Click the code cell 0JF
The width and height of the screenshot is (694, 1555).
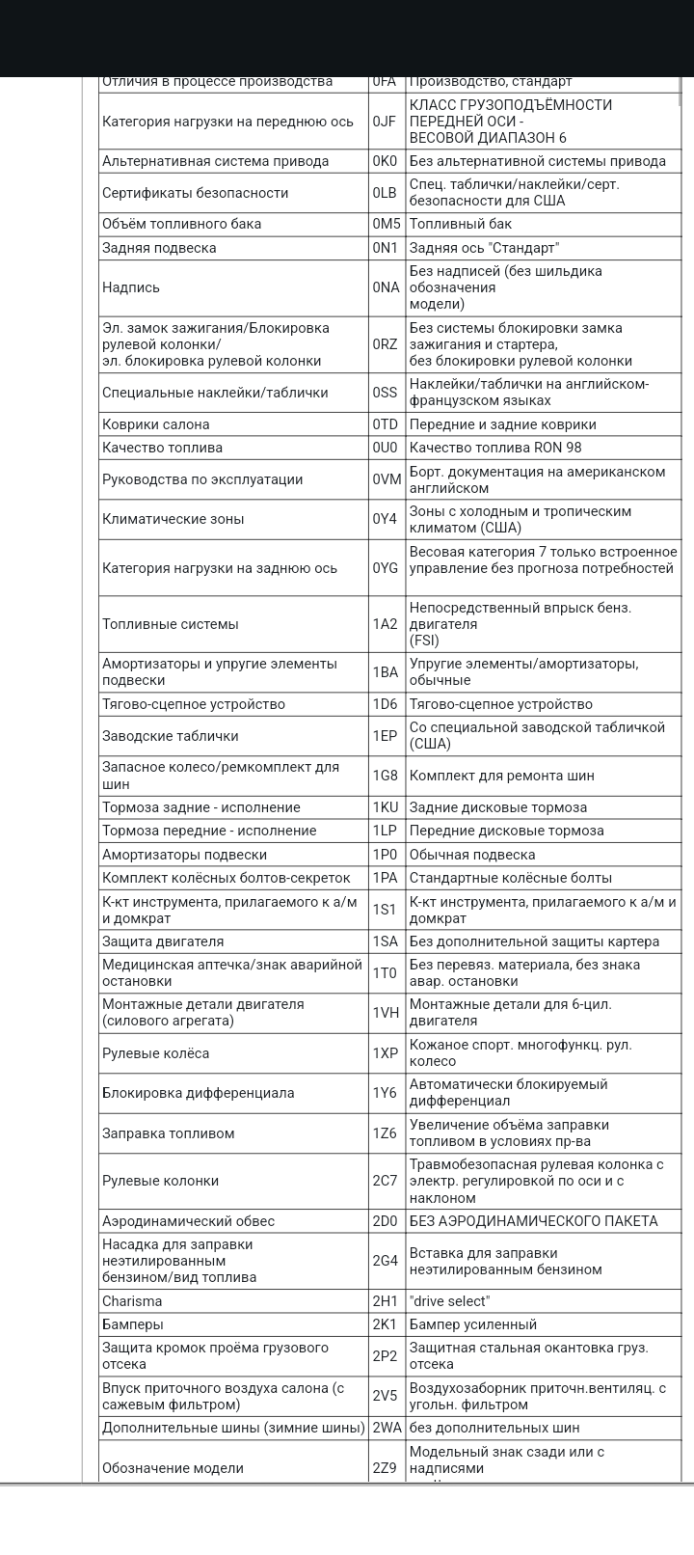pyautogui.click(x=385, y=122)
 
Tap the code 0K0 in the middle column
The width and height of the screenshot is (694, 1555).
pyautogui.click(x=385, y=161)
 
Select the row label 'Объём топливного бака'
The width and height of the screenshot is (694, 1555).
pyautogui.click(x=181, y=224)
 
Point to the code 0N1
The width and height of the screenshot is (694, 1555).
pyautogui.click(x=385, y=248)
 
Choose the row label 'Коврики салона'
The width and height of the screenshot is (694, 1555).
pyautogui.click(x=155, y=424)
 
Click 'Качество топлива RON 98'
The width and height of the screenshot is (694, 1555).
pyautogui.click(x=495, y=448)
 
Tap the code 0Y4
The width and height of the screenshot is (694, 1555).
pyautogui.click(x=385, y=519)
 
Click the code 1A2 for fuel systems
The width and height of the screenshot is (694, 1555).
pyautogui.click(x=385, y=624)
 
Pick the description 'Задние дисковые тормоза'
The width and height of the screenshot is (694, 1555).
pyautogui.click(x=497, y=807)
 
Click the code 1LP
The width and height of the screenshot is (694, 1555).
pyautogui.click(x=385, y=831)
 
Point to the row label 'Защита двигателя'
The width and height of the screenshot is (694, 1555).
pyautogui.click(x=163, y=941)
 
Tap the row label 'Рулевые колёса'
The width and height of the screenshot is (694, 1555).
pyautogui.click(x=155, y=1053)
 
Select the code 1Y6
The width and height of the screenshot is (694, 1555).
pyautogui.click(x=385, y=1093)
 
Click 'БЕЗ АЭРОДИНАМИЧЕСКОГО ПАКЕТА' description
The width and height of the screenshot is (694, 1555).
pyautogui.click(x=533, y=1221)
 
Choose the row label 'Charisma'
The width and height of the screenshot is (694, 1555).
pyautogui.click(x=132, y=1301)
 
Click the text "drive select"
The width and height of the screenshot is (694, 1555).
pyautogui.click(x=449, y=1301)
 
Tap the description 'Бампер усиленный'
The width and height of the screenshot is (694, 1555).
pyautogui.click(x=473, y=1324)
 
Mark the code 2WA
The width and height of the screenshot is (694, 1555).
pyautogui.click(x=387, y=1428)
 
